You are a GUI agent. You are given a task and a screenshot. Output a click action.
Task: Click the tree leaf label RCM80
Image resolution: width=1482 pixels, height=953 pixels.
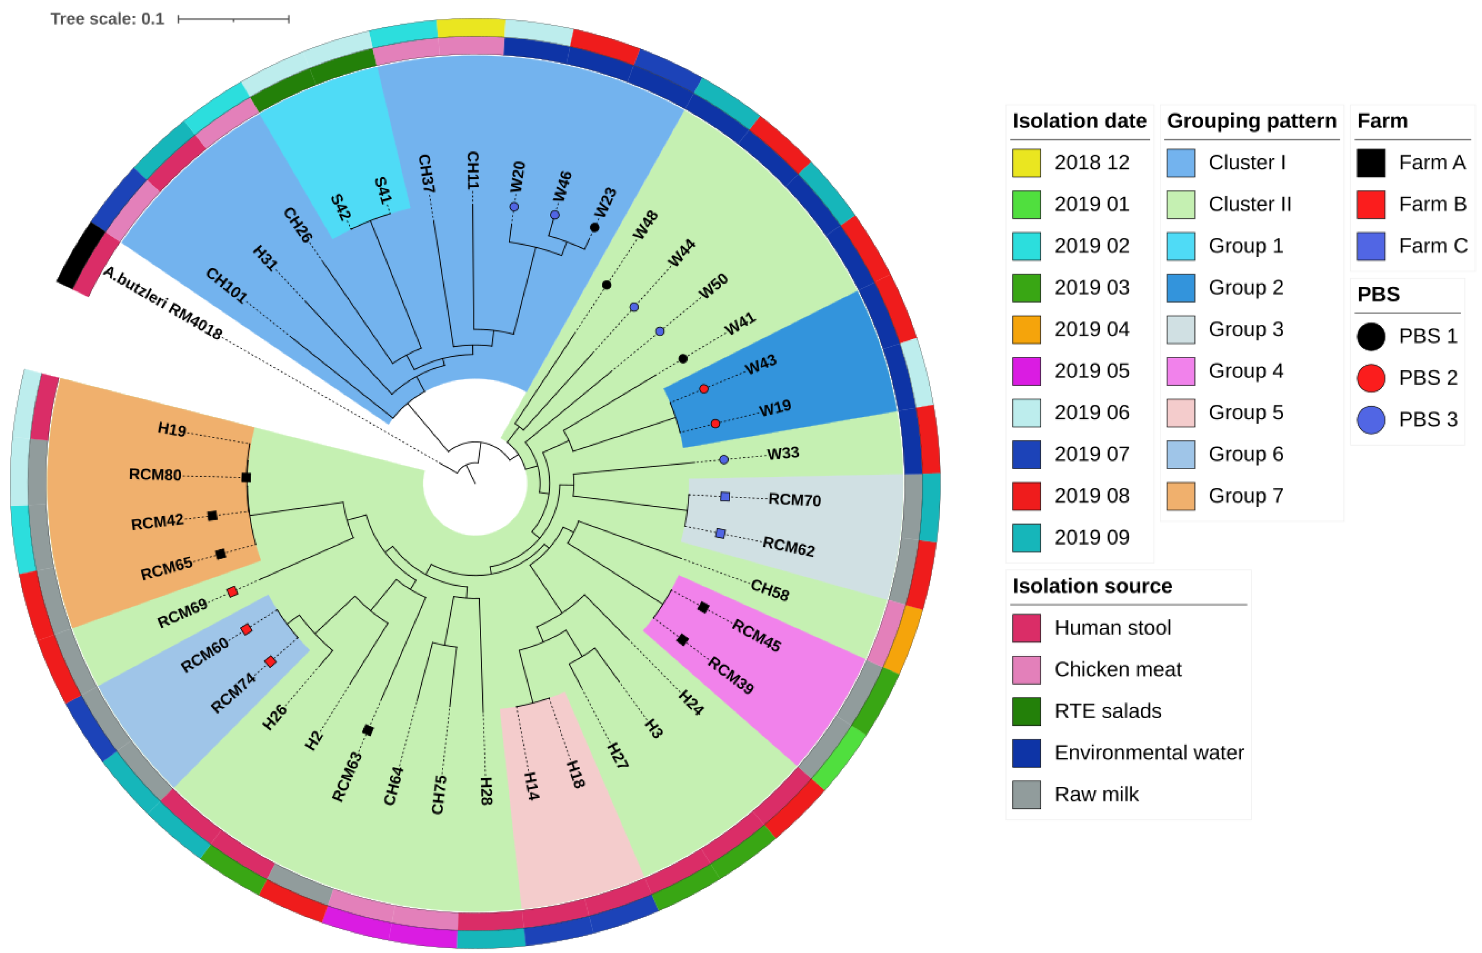tap(155, 475)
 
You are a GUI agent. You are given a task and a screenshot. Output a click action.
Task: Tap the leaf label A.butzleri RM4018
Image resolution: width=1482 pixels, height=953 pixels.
tap(162, 303)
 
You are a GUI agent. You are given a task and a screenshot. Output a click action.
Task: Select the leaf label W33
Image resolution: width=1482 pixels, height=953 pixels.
tap(783, 453)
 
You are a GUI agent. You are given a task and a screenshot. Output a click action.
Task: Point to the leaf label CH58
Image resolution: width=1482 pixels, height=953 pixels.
tap(769, 590)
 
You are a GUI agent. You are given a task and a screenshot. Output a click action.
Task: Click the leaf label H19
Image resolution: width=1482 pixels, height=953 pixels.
tap(172, 428)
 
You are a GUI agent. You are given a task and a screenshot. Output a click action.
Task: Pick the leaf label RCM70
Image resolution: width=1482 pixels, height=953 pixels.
tap(794, 500)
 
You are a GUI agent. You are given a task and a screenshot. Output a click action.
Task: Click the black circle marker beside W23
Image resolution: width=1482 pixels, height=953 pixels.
tap(594, 227)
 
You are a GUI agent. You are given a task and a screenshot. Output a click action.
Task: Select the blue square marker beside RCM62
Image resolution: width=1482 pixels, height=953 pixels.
tap(720, 533)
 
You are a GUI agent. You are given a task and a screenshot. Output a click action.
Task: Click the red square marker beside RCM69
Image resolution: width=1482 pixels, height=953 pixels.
tap(232, 592)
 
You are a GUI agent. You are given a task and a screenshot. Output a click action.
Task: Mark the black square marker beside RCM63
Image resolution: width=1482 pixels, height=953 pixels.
tap(368, 730)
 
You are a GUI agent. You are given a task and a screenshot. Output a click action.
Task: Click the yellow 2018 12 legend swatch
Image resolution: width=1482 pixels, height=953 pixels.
tap(1026, 163)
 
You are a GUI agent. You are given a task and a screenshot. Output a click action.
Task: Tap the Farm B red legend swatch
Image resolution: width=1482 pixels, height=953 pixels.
tap(1370, 204)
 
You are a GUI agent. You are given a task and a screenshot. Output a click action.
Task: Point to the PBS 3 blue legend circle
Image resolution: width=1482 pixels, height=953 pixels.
tap(1370, 420)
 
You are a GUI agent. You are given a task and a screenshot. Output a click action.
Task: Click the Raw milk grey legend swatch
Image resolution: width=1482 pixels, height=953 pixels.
tap(1026, 794)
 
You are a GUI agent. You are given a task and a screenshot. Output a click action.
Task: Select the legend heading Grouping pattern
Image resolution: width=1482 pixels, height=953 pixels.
tap(1251, 121)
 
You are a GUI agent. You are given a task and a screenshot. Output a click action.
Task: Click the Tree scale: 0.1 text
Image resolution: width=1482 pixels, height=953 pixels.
tap(107, 19)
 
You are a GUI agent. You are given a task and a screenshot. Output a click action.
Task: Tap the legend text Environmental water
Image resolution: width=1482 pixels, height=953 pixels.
tap(1149, 752)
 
